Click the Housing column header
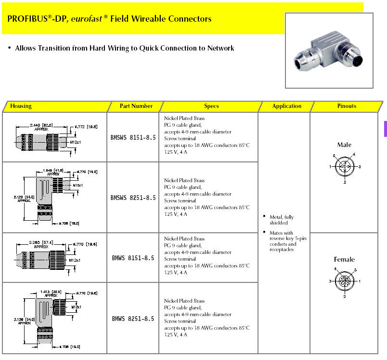[21, 106]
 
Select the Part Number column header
[136, 106]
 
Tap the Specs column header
[211, 106]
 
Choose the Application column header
[286, 106]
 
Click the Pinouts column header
[347, 106]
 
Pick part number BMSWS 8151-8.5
[133, 137]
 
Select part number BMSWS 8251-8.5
[133, 198]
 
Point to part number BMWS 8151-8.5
[133, 258]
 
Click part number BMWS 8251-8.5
[133, 319]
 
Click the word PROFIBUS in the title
[27, 19]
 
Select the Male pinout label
[344, 145]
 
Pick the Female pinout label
[344, 260]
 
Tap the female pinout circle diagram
[345, 280]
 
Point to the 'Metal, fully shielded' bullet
[282, 220]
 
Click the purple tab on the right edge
[385, 129]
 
